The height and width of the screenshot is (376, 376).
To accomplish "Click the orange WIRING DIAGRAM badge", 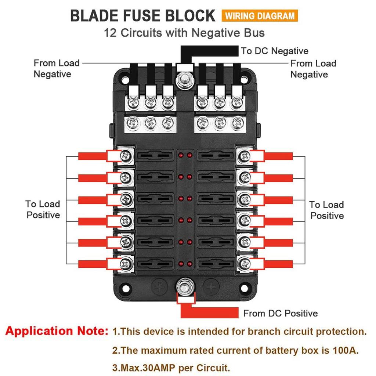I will pyautogui.click(x=260, y=16).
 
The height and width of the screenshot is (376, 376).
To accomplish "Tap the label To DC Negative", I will pyautogui.click(x=274, y=51).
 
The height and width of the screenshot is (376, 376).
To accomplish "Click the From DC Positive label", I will pyautogui.click(x=280, y=313).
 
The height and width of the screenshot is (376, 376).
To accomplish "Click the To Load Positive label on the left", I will pyautogui.click(x=43, y=209).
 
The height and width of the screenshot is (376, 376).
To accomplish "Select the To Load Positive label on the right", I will pyautogui.click(x=326, y=210).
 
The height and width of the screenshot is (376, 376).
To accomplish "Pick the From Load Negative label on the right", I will pyautogui.click(x=313, y=69).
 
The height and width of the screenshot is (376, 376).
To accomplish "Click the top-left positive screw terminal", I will pyautogui.click(x=126, y=156).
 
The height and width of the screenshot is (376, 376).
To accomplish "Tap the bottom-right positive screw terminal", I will pyautogui.click(x=243, y=263).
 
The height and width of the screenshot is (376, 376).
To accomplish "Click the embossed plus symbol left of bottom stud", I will pyautogui.click(x=159, y=286).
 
